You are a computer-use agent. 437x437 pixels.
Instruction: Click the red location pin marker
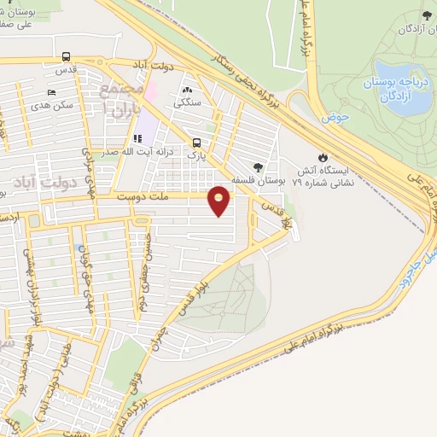[219, 201]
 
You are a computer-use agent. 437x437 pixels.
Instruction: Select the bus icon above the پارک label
[198, 143]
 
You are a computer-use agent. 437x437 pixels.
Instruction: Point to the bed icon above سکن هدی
[53, 91]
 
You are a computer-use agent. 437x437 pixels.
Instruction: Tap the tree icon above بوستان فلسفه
[259, 167]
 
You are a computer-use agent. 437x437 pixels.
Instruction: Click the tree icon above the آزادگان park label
[426, 16]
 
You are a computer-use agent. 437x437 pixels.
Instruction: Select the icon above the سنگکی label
[187, 89]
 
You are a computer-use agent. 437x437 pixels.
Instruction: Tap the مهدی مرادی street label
[86, 166]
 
